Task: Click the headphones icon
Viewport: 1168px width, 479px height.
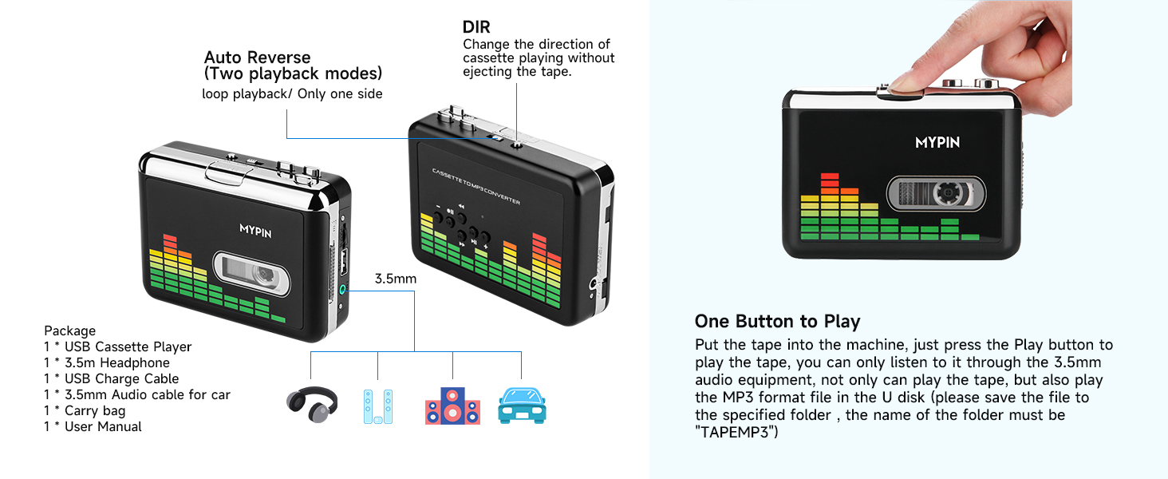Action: click(x=312, y=406)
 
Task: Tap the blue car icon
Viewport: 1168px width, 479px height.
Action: click(x=521, y=406)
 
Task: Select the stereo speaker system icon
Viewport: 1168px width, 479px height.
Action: click(x=452, y=406)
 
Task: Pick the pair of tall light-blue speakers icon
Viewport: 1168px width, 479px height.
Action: click(x=377, y=406)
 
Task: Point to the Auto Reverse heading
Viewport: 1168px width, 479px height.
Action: click(x=257, y=57)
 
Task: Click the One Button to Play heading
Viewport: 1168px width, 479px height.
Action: click(x=777, y=322)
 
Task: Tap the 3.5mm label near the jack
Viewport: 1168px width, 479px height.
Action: click(x=396, y=279)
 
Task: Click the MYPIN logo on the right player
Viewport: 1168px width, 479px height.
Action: click(x=937, y=143)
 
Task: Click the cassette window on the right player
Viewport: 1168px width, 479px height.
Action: click(x=936, y=194)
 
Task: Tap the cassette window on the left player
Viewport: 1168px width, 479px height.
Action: click(x=251, y=273)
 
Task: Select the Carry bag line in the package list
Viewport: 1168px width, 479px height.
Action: click(x=85, y=410)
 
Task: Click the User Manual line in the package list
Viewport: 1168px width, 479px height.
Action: click(x=93, y=426)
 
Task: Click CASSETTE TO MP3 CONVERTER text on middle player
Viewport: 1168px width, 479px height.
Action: click(x=475, y=186)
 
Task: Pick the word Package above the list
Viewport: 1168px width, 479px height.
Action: click(x=69, y=331)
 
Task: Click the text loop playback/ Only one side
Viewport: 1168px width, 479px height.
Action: click(x=292, y=94)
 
